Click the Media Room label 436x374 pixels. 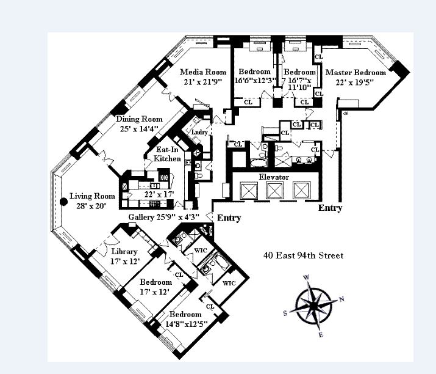203,72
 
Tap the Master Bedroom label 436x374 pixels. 356,72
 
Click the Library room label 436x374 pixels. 124,252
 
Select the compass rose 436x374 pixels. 313,304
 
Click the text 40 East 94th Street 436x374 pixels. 303,255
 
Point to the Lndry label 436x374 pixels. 199,132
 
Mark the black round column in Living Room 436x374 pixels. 63,202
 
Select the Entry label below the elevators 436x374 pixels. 330,208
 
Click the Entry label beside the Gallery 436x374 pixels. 229,218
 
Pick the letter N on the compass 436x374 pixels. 341,299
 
